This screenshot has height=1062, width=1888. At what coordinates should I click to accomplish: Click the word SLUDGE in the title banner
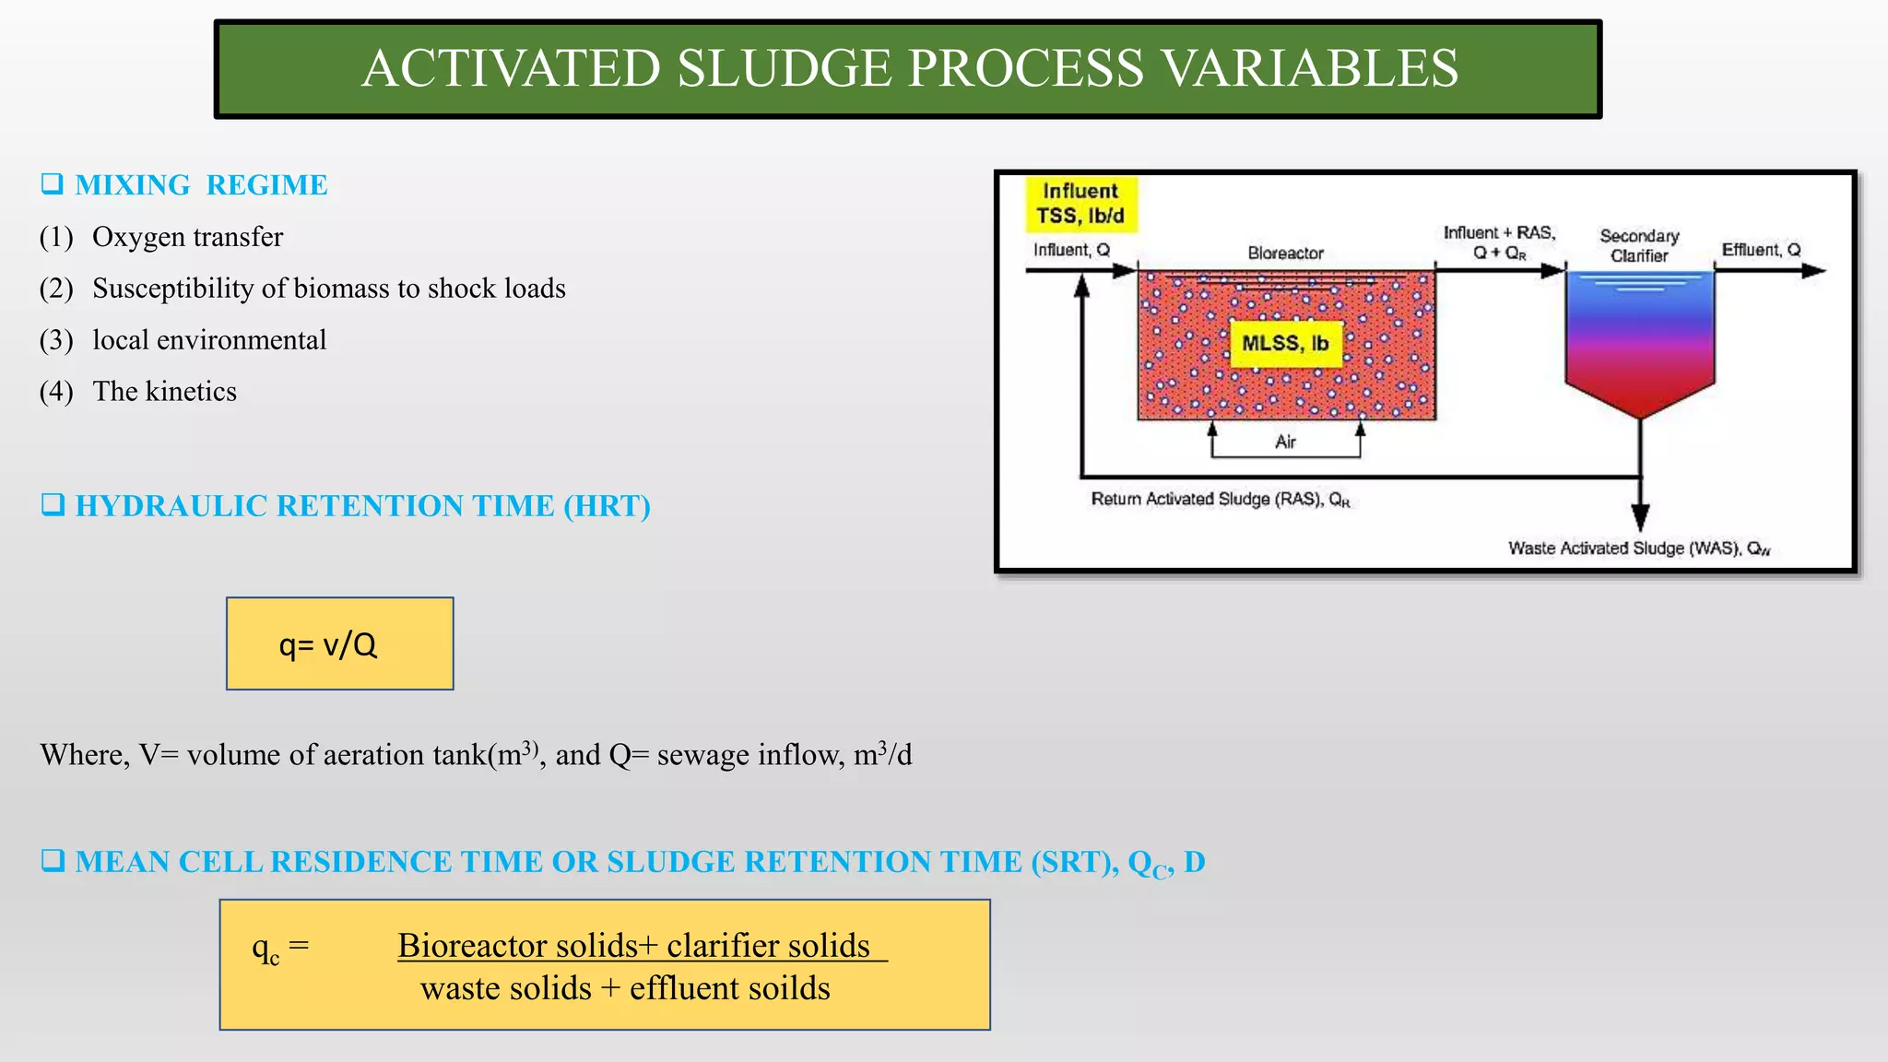pyautogui.click(x=785, y=69)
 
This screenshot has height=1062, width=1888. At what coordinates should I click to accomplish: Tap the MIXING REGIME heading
pyautogui.click(x=200, y=185)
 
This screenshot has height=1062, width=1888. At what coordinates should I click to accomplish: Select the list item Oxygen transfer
pyautogui.click(x=187, y=238)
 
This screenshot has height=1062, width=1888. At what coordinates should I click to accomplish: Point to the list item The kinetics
pyautogui.click(x=164, y=393)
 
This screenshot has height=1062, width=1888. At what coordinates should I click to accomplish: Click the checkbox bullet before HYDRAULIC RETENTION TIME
pyautogui.click(x=53, y=505)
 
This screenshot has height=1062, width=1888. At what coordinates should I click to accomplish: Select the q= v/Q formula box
pyautogui.click(x=339, y=643)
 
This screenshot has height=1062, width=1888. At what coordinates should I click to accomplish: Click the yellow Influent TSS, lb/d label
pyautogui.click(x=1080, y=204)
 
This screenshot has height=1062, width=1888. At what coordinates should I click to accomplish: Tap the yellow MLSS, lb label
pyautogui.click(x=1284, y=344)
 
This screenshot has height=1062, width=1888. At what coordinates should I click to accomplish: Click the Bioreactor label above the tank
pyautogui.click(x=1285, y=254)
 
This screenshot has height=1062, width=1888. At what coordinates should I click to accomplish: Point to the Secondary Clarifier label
pyautogui.click(x=1639, y=246)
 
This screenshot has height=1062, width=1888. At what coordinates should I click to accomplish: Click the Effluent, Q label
pyautogui.click(x=1761, y=250)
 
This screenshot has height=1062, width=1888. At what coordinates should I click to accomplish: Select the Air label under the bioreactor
pyautogui.click(x=1285, y=442)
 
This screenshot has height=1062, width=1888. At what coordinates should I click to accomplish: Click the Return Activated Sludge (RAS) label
pyautogui.click(x=1220, y=500)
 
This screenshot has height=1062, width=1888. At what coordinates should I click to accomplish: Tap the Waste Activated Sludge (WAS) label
pyautogui.click(x=1638, y=549)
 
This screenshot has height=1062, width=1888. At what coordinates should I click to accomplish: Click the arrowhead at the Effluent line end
pyautogui.click(x=1813, y=271)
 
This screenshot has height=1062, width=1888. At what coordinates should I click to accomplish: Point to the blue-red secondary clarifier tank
pyautogui.click(x=1639, y=341)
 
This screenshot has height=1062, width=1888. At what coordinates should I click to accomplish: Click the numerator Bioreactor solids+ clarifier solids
pyautogui.click(x=634, y=947)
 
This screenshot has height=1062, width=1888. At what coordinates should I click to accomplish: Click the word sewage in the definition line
pyautogui.click(x=702, y=756)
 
